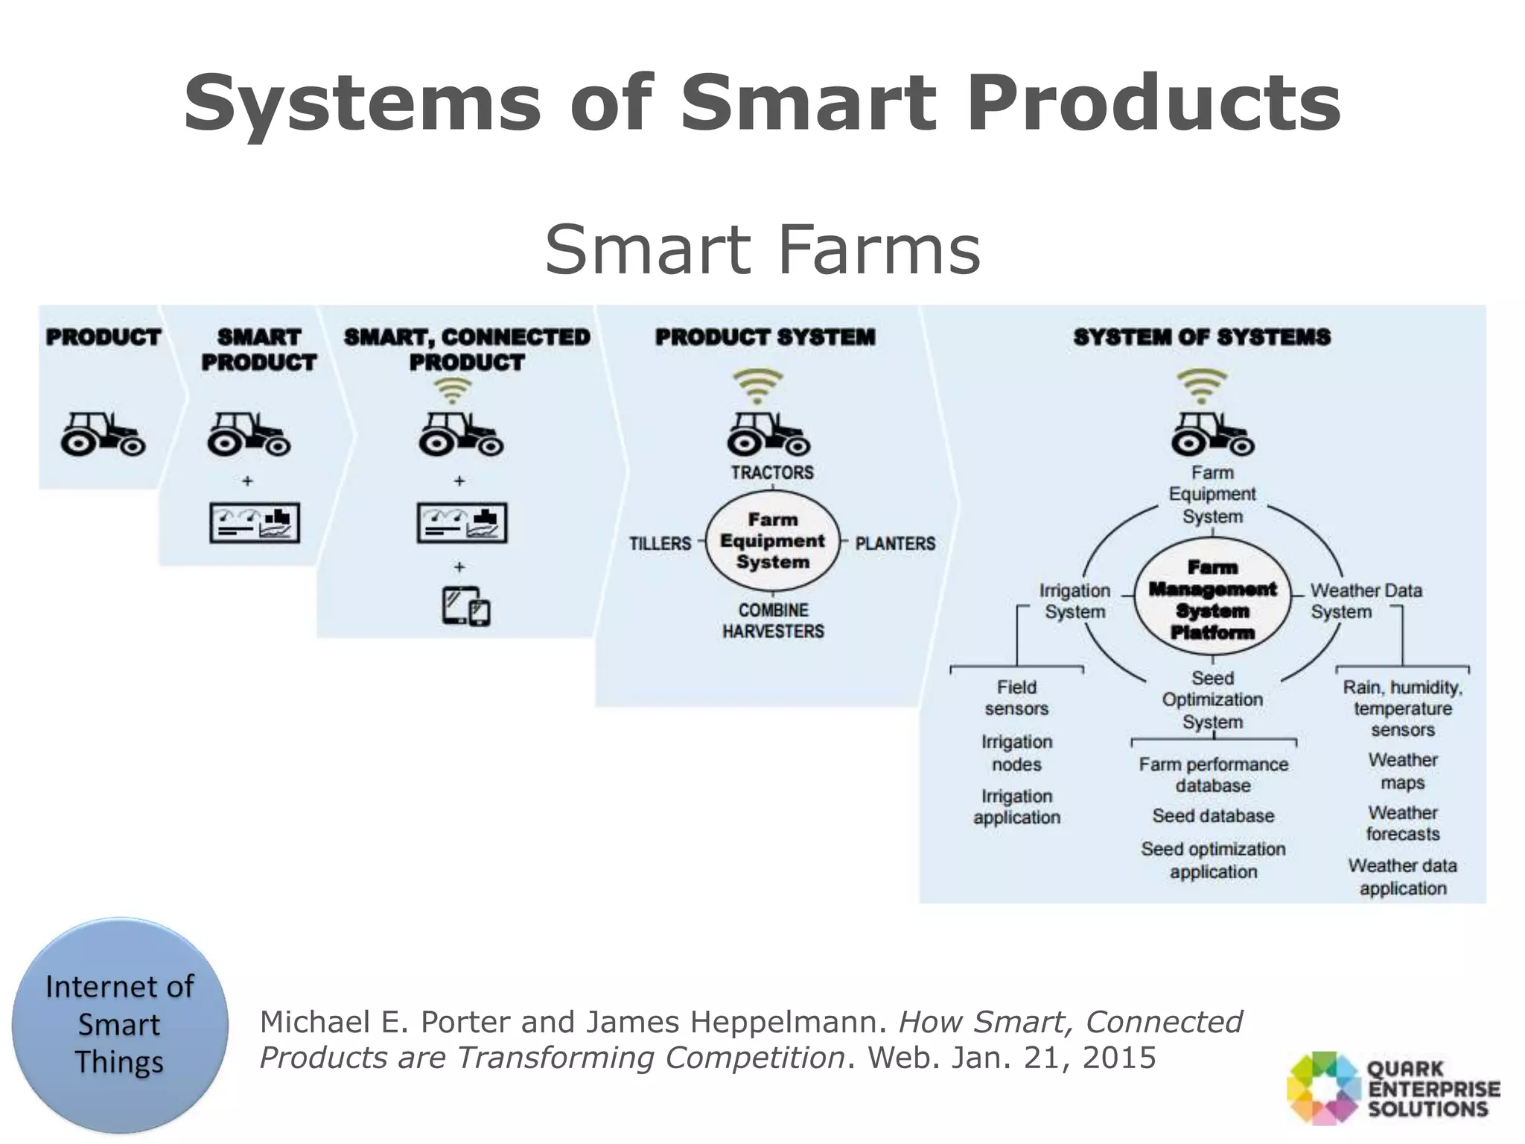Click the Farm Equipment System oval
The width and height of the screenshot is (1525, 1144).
point(772,541)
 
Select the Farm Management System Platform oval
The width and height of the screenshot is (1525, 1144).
point(1212,600)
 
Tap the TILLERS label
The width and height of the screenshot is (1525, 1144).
point(660,543)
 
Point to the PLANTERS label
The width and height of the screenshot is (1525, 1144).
point(895,543)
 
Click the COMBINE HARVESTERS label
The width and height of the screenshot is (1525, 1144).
point(773,620)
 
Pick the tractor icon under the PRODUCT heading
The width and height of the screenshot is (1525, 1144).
point(103,433)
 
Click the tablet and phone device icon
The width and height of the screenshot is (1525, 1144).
point(466,606)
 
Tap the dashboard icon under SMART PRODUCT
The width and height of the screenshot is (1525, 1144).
point(255,523)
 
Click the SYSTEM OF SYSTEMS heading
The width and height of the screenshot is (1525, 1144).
point(1201,337)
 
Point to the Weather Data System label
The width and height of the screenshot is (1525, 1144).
point(1366,601)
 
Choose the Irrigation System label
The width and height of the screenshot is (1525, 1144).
point(1074,601)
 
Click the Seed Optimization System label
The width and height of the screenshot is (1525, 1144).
point(1212,700)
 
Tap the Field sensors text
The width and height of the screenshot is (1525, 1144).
point(1016,698)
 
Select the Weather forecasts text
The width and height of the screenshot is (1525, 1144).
point(1403,823)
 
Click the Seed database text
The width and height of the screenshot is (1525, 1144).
point(1213,816)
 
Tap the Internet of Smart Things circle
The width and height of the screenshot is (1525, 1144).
point(120,1025)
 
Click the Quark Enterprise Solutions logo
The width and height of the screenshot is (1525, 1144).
point(1392,1088)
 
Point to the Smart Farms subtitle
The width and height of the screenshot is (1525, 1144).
point(762,250)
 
